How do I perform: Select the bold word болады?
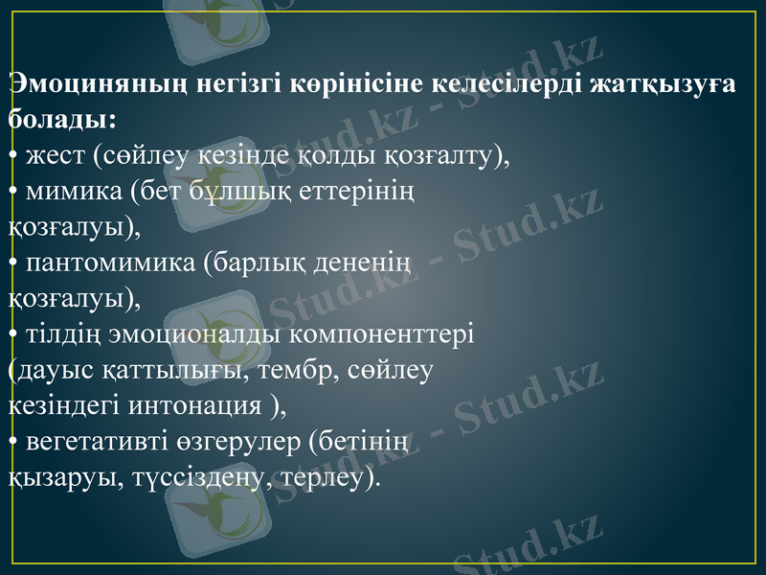click(x=63, y=120)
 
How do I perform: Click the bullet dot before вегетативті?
click(x=12, y=440)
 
